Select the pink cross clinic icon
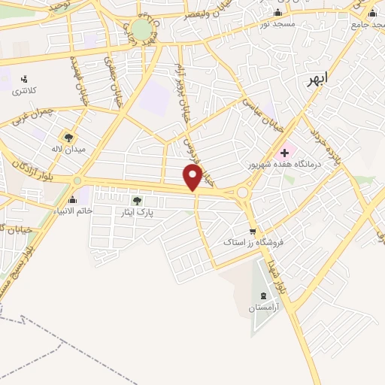(284, 153)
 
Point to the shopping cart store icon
(254, 232)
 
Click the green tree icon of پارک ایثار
(136, 201)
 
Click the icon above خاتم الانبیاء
(72, 200)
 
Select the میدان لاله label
(68, 149)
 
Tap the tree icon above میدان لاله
(68, 138)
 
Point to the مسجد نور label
(277, 24)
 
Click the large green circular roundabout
(141, 31)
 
